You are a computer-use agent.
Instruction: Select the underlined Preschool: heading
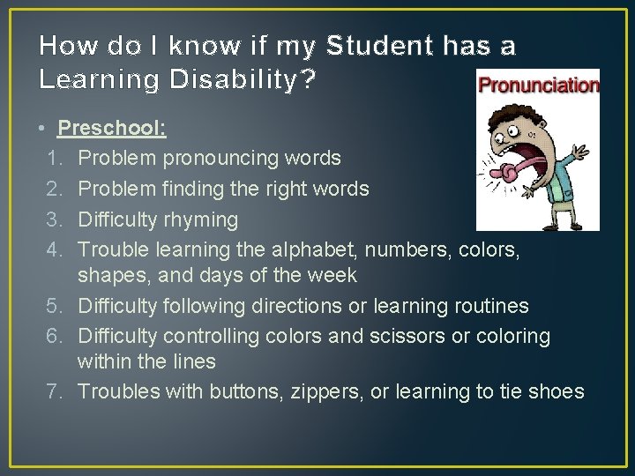[112, 129]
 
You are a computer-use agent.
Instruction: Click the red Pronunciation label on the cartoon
[537, 86]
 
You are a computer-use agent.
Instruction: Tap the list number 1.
[52, 158]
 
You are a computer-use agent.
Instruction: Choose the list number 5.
[52, 306]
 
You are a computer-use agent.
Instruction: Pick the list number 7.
[52, 391]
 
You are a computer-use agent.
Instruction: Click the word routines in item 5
[490, 306]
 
